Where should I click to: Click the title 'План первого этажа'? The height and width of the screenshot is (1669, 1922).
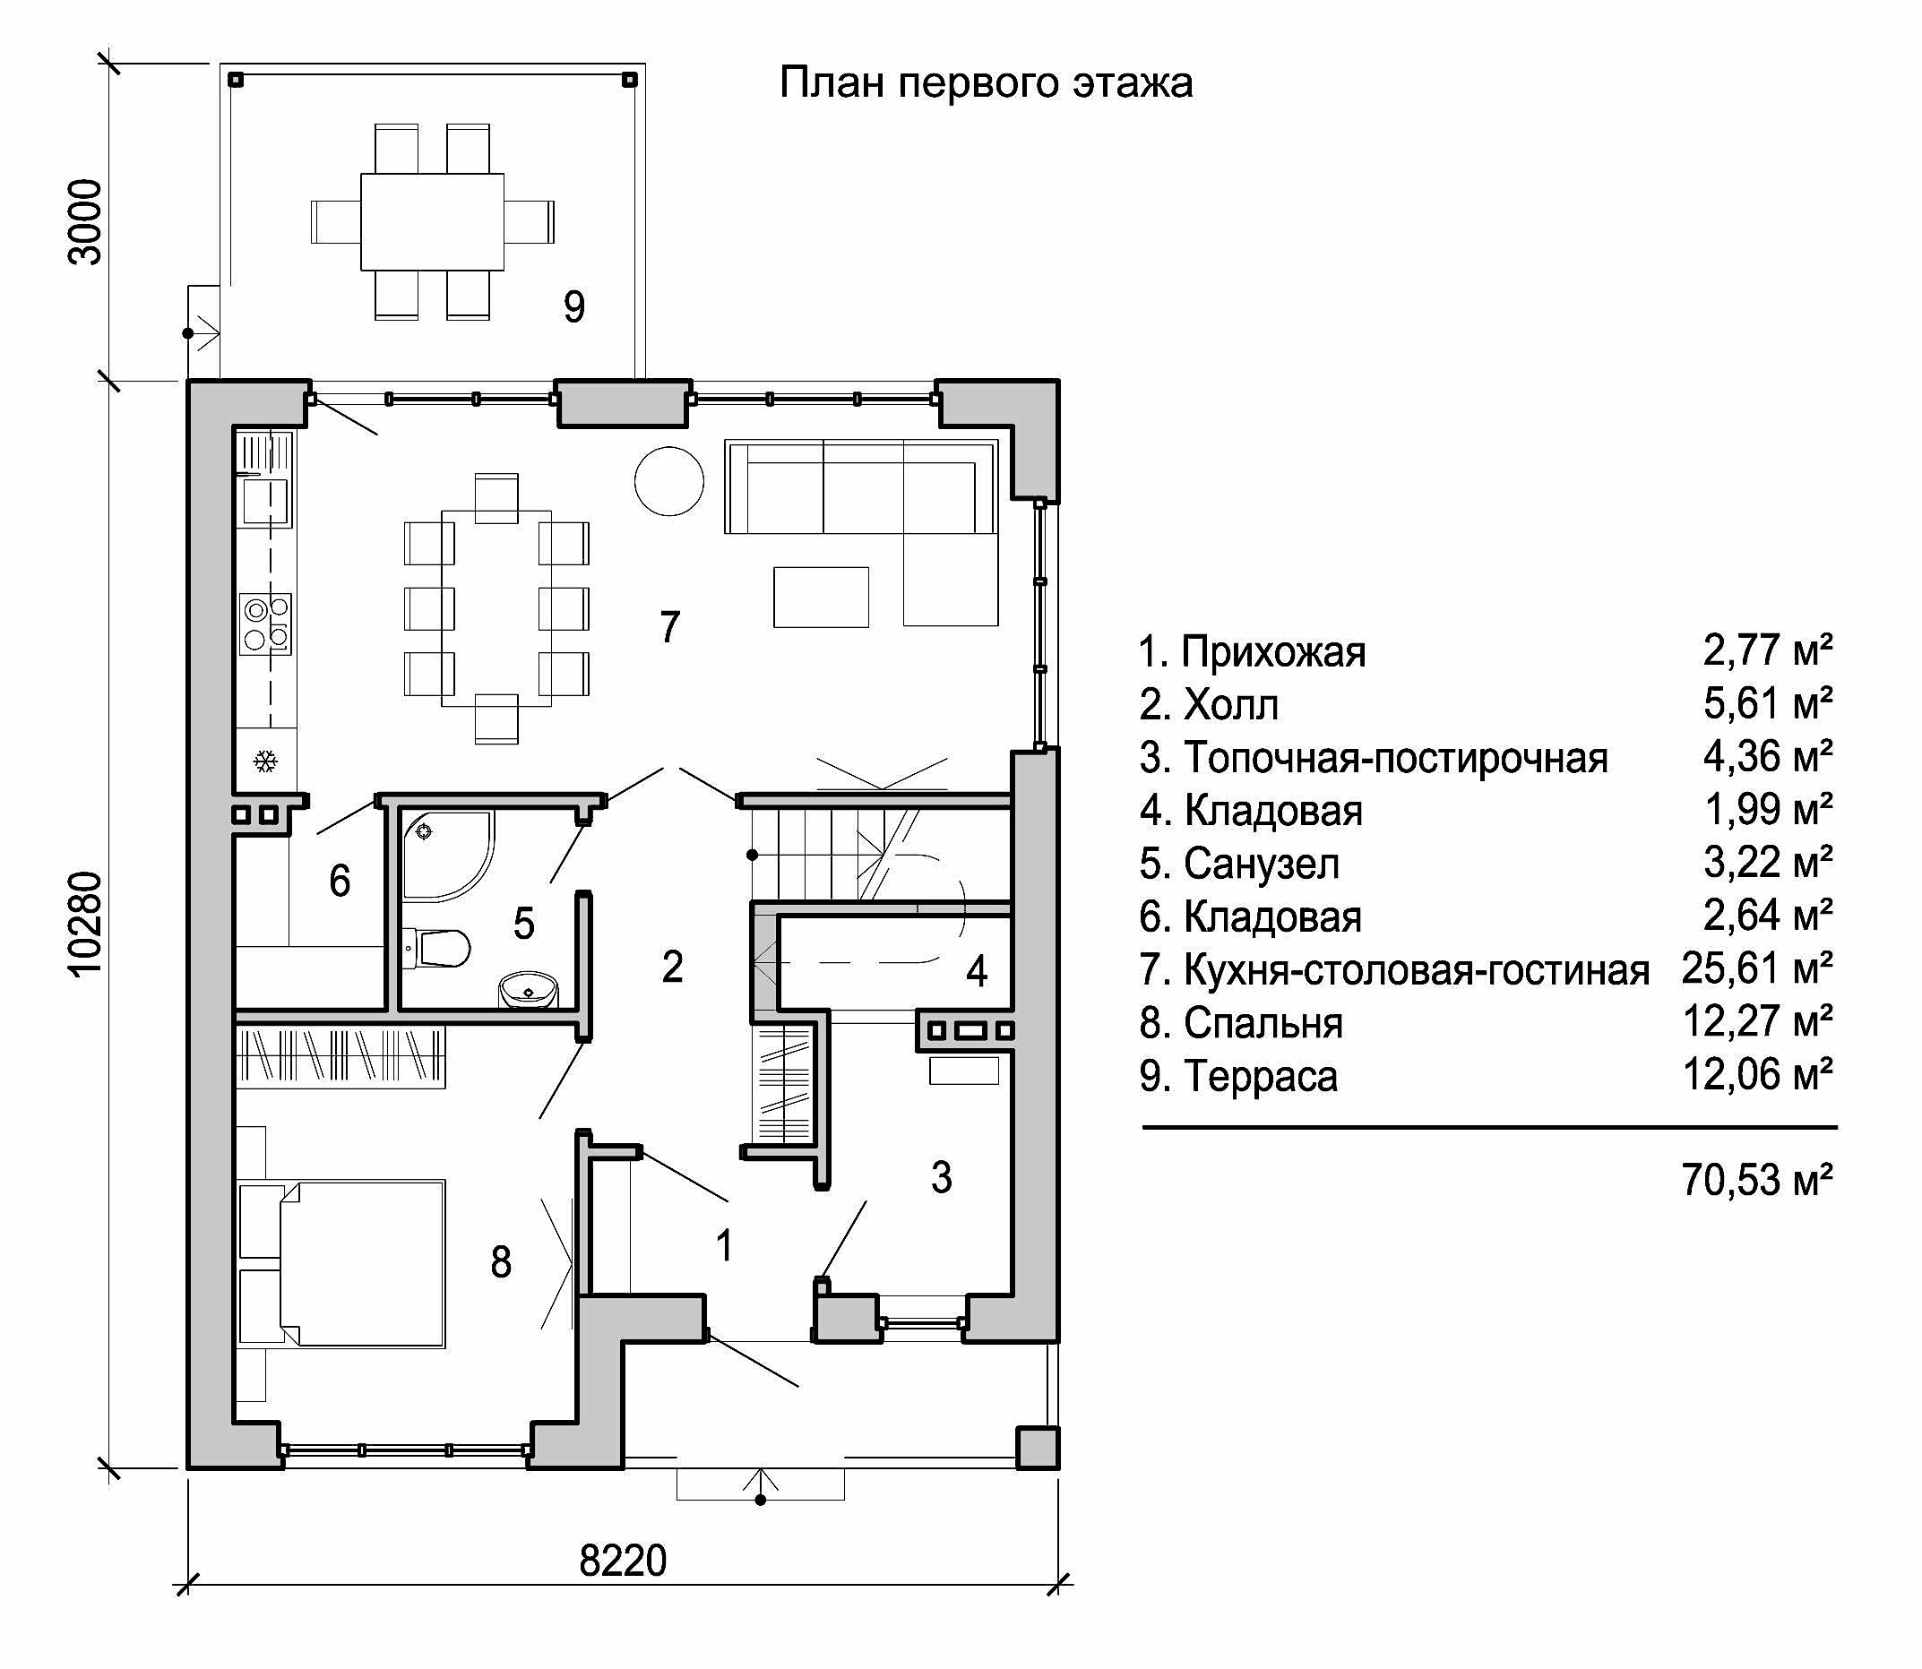point(985,84)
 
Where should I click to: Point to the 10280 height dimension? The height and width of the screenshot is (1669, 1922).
point(86,923)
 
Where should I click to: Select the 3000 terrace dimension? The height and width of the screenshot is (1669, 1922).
point(86,221)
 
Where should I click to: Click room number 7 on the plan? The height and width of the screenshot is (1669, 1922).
point(669,627)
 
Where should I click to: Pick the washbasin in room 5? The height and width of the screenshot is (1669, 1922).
point(530,991)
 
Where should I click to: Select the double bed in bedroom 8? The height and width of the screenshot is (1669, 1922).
point(342,1264)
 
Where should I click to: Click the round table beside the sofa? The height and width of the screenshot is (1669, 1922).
point(669,480)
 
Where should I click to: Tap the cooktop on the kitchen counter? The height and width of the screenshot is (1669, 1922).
point(265,624)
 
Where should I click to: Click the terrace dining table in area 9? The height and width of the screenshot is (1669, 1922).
point(432,221)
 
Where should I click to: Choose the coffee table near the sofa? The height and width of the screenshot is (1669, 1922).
point(821,597)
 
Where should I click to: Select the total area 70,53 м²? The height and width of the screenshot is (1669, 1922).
point(1757,1180)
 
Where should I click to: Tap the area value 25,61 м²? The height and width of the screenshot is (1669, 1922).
point(1757,969)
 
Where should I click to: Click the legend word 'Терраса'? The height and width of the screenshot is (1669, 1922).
point(1260,1077)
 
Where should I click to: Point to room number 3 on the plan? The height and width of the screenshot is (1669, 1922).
point(941,1178)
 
